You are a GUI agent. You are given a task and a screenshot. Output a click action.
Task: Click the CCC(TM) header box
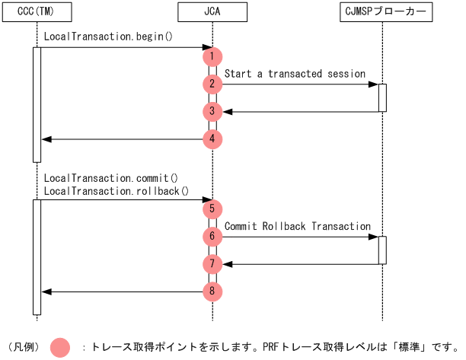[36, 12]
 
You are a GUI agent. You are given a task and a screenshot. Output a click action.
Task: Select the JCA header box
[212, 12]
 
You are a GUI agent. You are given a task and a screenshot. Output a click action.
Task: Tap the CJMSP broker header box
[383, 12]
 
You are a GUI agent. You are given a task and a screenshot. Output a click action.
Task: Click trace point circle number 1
[212, 56]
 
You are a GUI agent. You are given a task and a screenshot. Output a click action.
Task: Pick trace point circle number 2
[212, 84]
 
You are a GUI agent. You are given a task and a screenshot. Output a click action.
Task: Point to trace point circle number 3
[212, 112]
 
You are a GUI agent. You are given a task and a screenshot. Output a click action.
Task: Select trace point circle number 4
[212, 139]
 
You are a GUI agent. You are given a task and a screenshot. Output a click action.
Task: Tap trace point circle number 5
[212, 209]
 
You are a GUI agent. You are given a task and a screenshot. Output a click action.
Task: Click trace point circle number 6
[212, 237]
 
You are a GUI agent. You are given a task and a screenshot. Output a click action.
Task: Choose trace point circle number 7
[212, 264]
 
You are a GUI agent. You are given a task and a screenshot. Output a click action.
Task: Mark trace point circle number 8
[212, 292]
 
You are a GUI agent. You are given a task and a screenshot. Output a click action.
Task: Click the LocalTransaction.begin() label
[108, 36]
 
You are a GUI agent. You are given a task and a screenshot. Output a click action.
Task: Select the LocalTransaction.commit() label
[110, 177]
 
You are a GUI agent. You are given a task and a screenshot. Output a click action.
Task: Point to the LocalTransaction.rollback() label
[116, 190]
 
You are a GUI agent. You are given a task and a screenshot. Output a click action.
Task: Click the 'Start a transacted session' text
[295, 74]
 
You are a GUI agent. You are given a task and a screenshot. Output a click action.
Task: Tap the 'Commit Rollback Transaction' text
[297, 226]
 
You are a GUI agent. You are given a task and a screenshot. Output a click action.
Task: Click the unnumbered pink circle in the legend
[59, 347]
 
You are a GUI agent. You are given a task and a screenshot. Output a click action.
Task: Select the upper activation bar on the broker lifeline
[382, 97]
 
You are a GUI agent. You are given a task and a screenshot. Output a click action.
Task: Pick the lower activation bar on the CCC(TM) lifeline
[37, 256]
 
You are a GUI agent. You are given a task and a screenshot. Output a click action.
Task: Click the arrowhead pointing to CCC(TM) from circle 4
[46, 139]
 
